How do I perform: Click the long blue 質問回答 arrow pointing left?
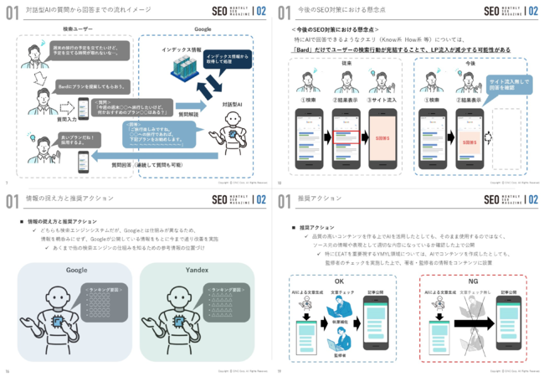tap(142, 155)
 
